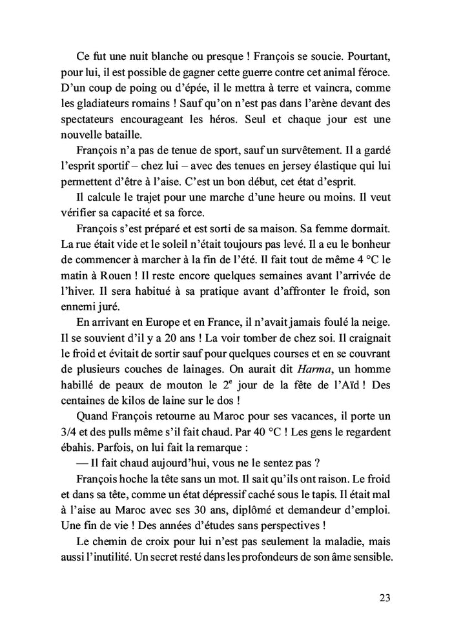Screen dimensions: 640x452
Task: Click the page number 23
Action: coord(385,597)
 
